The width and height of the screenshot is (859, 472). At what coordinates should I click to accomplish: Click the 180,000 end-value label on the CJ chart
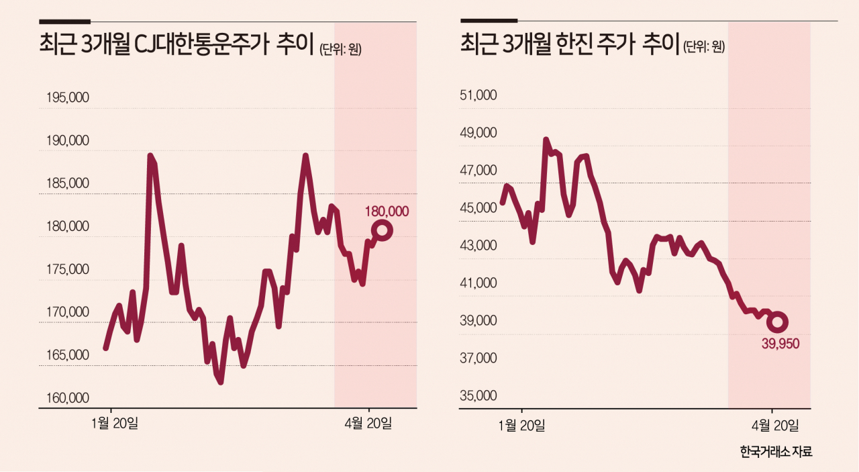click(387, 211)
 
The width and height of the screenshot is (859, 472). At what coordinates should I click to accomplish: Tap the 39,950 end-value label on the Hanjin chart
click(780, 344)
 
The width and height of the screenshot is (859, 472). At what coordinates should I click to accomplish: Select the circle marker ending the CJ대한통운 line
click(382, 230)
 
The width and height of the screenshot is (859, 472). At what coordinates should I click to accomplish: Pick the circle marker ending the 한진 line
click(777, 322)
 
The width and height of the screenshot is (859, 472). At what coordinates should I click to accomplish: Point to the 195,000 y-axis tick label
click(68, 97)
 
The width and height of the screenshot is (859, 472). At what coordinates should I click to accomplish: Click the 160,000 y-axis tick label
click(68, 398)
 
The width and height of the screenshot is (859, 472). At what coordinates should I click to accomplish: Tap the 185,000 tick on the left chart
click(68, 183)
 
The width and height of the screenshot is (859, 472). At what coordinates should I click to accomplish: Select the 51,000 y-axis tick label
click(478, 95)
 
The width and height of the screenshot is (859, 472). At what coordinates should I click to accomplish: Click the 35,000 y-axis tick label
click(478, 395)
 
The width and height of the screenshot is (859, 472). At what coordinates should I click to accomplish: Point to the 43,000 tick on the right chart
click(478, 245)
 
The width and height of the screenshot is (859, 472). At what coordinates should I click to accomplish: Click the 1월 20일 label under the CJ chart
click(114, 423)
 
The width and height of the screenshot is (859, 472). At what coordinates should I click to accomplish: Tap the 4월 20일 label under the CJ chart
click(368, 423)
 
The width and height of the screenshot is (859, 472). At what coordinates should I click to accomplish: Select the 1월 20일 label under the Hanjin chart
click(521, 426)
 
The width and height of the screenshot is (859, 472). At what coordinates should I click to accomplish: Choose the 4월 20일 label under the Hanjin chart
click(775, 426)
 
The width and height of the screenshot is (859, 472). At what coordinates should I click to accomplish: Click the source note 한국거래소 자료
click(776, 452)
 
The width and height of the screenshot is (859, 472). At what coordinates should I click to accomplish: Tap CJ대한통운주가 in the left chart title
click(201, 44)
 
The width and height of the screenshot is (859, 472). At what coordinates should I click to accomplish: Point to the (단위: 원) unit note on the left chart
click(340, 50)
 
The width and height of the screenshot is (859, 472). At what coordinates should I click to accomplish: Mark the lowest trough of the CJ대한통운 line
click(221, 382)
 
